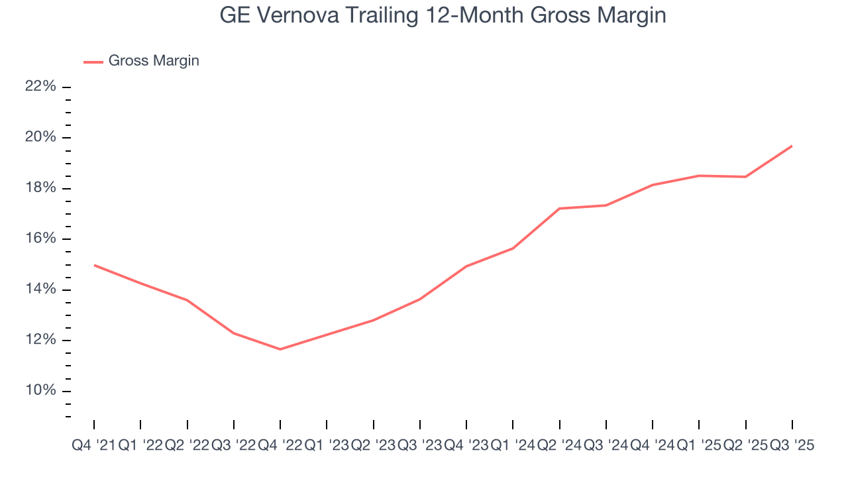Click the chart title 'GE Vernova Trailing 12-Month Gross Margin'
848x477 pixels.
(x=443, y=16)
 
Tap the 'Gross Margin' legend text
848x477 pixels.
(x=154, y=61)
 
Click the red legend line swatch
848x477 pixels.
(x=93, y=62)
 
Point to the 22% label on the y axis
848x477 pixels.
(x=42, y=87)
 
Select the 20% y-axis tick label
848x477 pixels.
(x=42, y=138)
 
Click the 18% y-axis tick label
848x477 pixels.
(x=42, y=188)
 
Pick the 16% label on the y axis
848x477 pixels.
(x=42, y=239)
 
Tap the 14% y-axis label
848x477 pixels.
(x=42, y=290)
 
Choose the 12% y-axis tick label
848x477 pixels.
(x=42, y=341)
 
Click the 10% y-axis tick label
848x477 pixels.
(x=42, y=391)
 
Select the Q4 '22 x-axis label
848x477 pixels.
(x=280, y=446)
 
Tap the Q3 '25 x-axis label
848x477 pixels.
(x=792, y=446)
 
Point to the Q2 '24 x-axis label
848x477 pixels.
(x=559, y=446)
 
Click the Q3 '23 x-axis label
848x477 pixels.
(x=419, y=446)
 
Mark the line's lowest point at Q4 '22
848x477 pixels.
(x=280, y=349)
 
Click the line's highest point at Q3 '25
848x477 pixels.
(x=792, y=146)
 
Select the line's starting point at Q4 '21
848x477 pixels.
(x=94, y=265)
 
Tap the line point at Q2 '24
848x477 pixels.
(x=559, y=209)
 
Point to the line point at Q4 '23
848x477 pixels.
(x=466, y=266)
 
